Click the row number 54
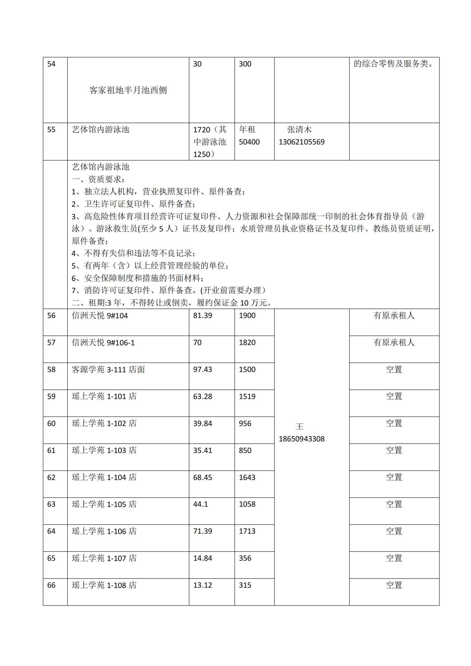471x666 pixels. coord(51,64)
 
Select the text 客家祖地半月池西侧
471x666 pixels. coord(128,90)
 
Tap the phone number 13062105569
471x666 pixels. coord(302,142)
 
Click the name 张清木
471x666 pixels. coord(299,130)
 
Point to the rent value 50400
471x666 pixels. coord(249,142)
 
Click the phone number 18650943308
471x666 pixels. coord(302,439)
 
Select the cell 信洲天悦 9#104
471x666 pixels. coord(100,316)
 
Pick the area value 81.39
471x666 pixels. coord(203,316)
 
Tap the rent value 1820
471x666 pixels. coord(247,343)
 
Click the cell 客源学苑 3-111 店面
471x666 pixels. coord(108,370)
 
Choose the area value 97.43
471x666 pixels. coord(203,370)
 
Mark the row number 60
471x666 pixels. coord(51,424)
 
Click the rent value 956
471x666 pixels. coord(245,424)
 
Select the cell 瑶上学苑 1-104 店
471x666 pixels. coord(104,477)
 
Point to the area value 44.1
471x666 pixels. coord(201,504)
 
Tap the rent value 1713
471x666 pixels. coord(247,531)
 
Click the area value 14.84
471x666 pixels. coord(203,558)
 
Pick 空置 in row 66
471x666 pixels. coord(394,585)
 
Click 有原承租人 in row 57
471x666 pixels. coord(394,343)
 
